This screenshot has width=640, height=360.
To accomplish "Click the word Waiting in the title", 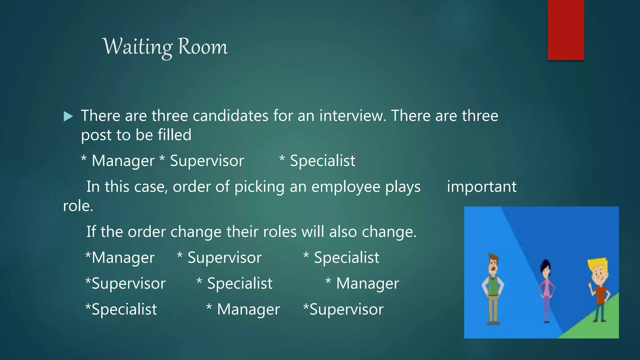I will [137, 47].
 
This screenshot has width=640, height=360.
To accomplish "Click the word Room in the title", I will [203, 47].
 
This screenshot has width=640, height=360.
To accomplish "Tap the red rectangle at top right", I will [566, 30].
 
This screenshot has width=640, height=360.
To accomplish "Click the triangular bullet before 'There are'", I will [68, 117].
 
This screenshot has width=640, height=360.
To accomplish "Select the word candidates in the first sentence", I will [230, 116].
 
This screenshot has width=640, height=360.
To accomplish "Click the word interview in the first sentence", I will [352, 116].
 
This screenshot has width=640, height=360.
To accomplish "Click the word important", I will [481, 187].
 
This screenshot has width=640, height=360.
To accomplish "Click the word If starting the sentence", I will [91, 232].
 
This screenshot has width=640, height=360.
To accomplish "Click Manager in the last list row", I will [248, 309].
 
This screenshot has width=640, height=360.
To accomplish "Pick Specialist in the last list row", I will [124, 309].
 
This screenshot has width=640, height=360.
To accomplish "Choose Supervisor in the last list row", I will [346, 309].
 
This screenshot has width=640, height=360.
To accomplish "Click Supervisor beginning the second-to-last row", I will [128, 284].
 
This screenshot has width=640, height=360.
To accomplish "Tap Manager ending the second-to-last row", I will [367, 284].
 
